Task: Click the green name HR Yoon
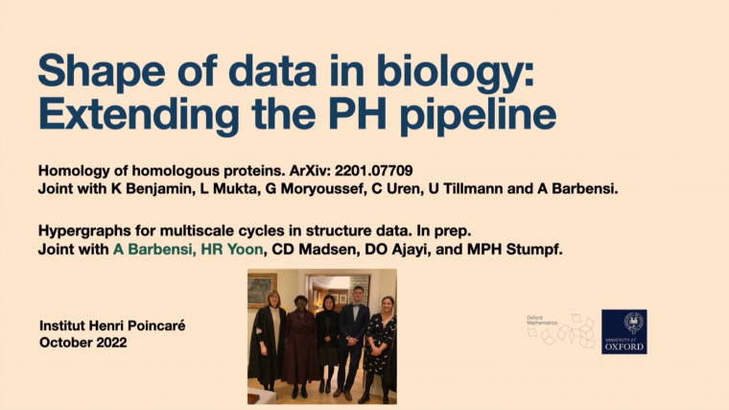click(x=228, y=250)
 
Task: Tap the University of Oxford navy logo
click(x=623, y=331)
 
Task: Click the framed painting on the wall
click(x=262, y=290)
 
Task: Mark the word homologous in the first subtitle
click(x=185, y=171)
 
